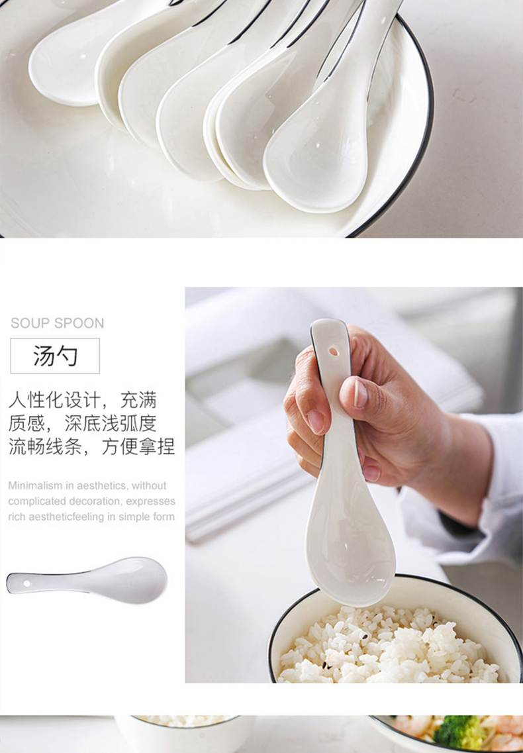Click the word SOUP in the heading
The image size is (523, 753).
click(28, 323)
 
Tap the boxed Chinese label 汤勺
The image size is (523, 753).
click(55, 356)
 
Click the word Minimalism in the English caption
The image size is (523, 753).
click(34, 485)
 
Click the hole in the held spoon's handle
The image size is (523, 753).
click(333, 352)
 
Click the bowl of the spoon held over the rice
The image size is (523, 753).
click(350, 548)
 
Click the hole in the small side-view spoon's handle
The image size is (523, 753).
click(26, 583)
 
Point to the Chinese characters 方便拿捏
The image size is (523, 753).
click(138, 446)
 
